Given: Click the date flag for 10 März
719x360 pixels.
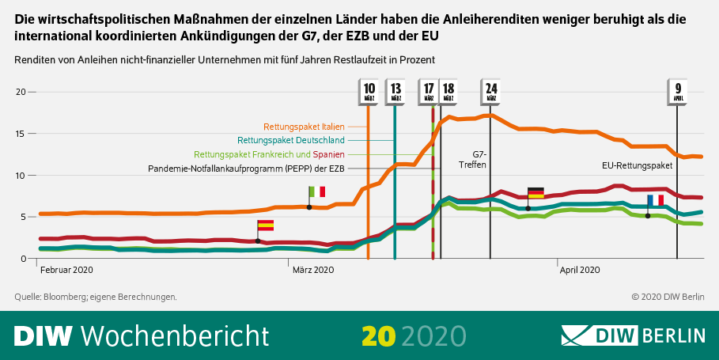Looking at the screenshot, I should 369,92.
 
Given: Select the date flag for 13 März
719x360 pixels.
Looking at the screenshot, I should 395,92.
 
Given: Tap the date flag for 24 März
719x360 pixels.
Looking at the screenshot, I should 491,92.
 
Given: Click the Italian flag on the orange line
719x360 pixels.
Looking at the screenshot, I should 316,192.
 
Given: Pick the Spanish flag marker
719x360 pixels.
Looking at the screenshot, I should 265,225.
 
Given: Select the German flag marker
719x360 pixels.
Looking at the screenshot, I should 535,193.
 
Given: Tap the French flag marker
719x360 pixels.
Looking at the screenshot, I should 655,200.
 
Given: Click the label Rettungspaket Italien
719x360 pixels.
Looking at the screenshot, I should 304,126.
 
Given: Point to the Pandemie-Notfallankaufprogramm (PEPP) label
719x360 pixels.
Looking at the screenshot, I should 247,169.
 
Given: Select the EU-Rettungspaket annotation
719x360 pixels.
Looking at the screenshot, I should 637,166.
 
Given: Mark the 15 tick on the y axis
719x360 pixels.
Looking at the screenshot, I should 21,134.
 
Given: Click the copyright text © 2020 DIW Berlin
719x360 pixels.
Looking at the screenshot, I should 668,297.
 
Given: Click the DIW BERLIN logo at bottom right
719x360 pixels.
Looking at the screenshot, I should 633,335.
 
